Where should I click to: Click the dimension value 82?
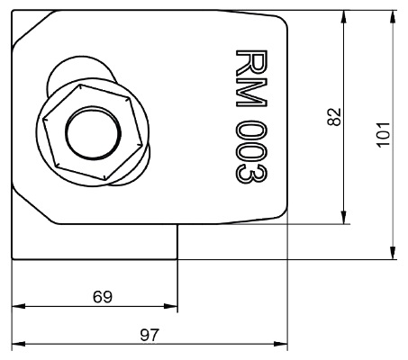[x=334, y=117]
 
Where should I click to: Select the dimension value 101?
[x=384, y=134]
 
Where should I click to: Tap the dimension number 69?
[x=103, y=297]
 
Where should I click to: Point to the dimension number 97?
[x=150, y=335]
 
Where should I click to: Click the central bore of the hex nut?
[x=93, y=133]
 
